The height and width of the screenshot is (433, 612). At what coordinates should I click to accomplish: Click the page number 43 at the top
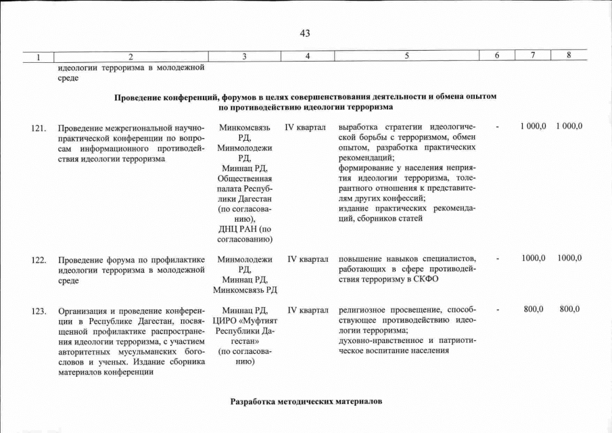(x=304, y=33)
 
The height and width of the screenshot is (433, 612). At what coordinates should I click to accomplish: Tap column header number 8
(x=569, y=56)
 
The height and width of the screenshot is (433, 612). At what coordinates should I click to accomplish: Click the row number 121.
(x=39, y=127)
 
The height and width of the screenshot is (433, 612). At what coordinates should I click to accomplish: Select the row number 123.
(x=39, y=311)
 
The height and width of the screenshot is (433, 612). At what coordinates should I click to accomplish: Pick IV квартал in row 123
(x=308, y=310)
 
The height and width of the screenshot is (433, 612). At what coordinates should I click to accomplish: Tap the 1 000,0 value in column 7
(x=533, y=127)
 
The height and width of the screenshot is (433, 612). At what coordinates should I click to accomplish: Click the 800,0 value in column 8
(x=569, y=309)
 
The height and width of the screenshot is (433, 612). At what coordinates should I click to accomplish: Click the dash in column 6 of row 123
(x=498, y=310)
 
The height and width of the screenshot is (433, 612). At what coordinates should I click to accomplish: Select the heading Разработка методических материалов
(x=306, y=402)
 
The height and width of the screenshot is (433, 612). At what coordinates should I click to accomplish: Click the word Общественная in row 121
(x=245, y=178)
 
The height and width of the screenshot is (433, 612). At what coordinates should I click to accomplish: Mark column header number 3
(x=245, y=56)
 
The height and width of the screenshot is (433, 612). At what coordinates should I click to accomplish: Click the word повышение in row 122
(x=359, y=258)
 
